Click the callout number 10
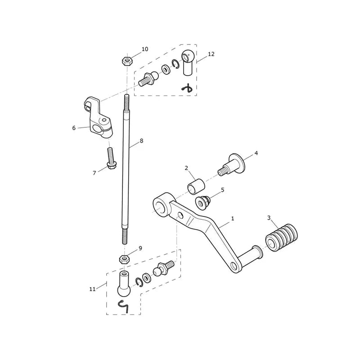[x=145, y=49]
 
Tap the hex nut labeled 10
[x=126, y=61]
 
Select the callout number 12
[x=211, y=54]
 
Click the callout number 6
[x=74, y=128]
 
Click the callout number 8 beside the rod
[x=141, y=140]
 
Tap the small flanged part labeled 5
[x=203, y=202]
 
